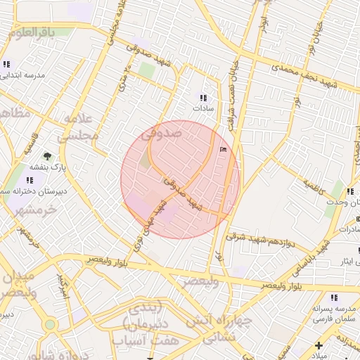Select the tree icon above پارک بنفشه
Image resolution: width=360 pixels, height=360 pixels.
tap(46, 155)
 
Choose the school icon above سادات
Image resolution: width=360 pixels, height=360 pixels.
tap(203, 98)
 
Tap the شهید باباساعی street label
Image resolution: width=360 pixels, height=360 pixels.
tap(322, 255)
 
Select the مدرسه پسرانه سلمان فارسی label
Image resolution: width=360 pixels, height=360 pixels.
tap(330, 314)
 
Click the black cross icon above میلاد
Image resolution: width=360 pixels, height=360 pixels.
tap(319, 345)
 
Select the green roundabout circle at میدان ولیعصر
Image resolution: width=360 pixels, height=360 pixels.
tap(49, 325)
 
